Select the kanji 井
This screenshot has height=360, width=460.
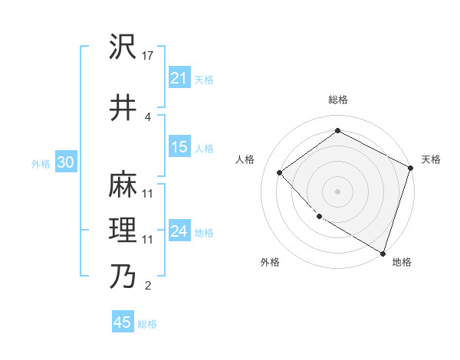click(x=123, y=108)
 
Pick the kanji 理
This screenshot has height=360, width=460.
click(x=123, y=231)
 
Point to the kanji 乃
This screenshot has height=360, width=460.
click(x=123, y=277)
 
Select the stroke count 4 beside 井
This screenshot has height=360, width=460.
click(x=148, y=116)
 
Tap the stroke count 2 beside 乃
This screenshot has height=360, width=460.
click(x=148, y=286)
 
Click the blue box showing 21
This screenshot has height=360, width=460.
click(x=179, y=77)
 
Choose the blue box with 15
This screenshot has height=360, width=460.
click(x=179, y=147)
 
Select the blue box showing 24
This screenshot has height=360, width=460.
click(x=179, y=231)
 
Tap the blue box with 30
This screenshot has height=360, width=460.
click(x=65, y=162)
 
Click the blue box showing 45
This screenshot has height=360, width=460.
click(x=123, y=322)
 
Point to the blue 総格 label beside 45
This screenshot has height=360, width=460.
click(x=147, y=324)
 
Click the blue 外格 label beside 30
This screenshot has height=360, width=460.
click(x=41, y=163)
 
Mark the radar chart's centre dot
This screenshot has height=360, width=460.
click(x=337, y=191)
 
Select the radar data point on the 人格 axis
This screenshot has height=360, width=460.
click(x=280, y=173)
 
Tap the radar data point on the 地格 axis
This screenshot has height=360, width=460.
click(x=383, y=253)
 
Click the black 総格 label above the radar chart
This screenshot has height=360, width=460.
click(x=337, y=100)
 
